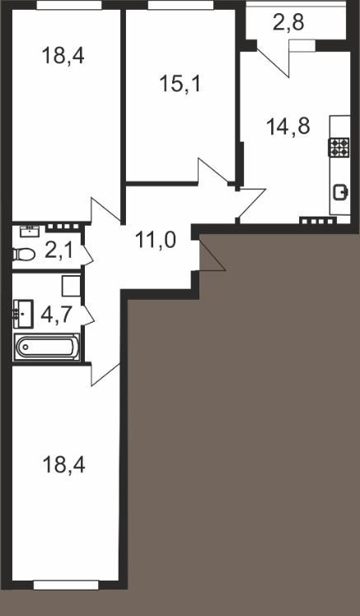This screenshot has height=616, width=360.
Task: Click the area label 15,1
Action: (x=180, y=84)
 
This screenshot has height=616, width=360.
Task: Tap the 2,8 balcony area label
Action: (x=288, y=23)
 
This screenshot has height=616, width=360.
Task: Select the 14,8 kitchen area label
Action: (x=288, y=127)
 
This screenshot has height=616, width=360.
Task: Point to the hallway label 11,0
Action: (x=155, y=240)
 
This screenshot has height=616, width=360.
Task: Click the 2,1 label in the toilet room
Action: (x=58, y=250)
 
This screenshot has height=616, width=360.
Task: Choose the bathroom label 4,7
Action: (x=57, y=315)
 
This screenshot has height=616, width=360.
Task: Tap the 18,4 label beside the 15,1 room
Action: (x=63, y=55)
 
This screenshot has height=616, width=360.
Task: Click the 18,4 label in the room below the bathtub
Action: (x=63, y=465)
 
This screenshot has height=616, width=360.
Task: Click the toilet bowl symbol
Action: (x=24, y=254)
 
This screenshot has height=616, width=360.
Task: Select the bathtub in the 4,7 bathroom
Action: (x=47, y=348)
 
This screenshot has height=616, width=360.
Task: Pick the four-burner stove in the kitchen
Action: (x=339, y=147)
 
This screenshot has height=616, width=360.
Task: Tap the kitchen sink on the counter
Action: (x=340, y=192)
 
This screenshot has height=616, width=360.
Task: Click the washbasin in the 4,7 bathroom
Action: (x=23, y=314)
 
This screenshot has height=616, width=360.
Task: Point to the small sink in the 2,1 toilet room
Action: (x=30, y=231)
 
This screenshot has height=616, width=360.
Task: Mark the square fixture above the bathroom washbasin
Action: (x=71, y=286)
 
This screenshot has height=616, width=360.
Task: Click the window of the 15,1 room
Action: (x=180, y=5)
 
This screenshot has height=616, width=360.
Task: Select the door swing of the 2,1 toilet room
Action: (x=88, y=254)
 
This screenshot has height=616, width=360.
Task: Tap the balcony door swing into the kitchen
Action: (x=274, y=62)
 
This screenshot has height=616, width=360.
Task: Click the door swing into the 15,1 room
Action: (x=213, y=170)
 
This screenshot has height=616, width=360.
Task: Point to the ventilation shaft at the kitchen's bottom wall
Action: (x=317, y=221)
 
